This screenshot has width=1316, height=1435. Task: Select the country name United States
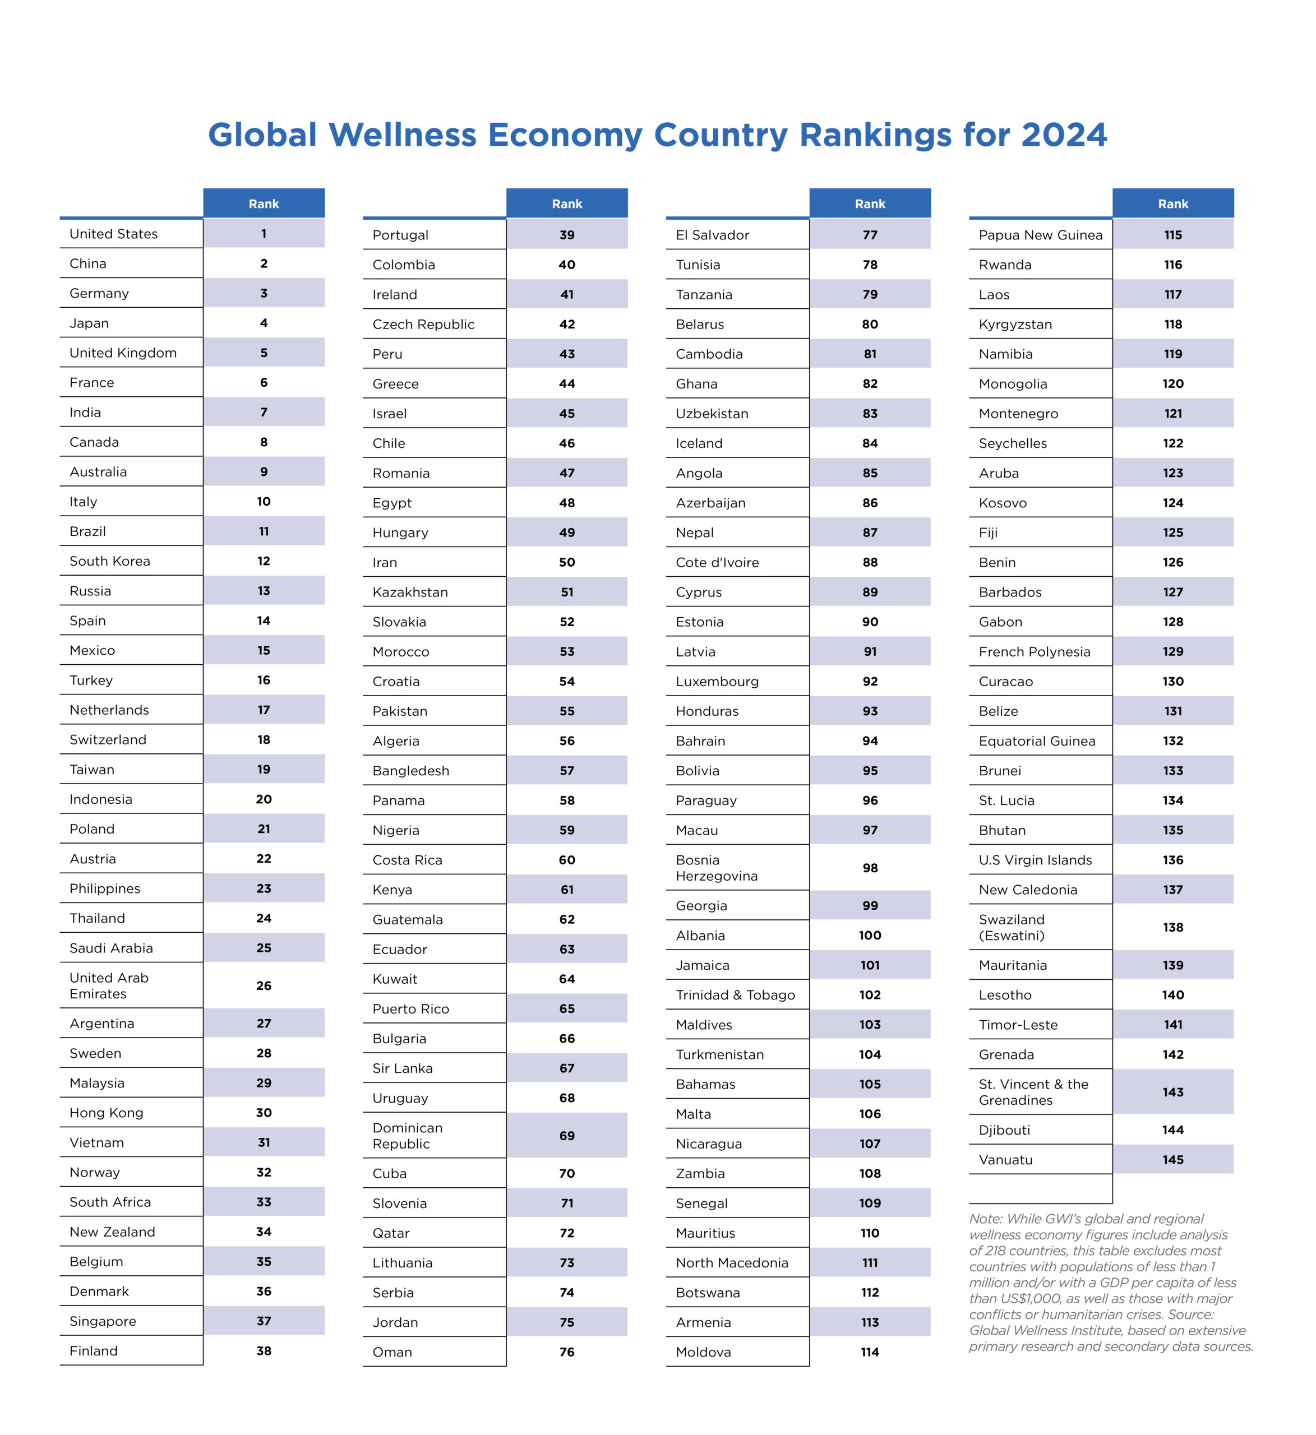pyautogui.click(x=113, y=234)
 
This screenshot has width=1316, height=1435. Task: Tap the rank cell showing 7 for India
pyautogui.click(x=264, y=412)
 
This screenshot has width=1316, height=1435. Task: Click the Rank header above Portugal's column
pyautogui.click(x=567, y=203)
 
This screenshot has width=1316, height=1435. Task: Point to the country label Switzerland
pyautogui.click(x=108, y=739)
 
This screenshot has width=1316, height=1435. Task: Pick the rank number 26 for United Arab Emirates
pyautogui.click(x=264, y=986)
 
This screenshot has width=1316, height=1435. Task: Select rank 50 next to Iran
pyautogui.click(x=567, y=562)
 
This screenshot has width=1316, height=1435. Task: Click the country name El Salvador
pyautogui.click(x=712, y=235)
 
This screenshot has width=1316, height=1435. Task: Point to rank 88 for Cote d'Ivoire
pyautogui.click(x=870, y=562)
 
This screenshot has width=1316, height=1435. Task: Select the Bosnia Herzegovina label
pyautogui.click(x=717, y=868)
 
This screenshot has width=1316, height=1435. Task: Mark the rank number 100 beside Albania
pyautogui.click(x=870, y=936)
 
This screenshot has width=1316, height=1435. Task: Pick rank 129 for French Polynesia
pyautogui.click(x=1173, y=651)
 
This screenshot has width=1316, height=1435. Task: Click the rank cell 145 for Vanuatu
pyautogui.click(x=1173, y=1160)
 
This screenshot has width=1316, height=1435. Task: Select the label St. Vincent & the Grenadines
pyautogui.click(x=1033, y=1092)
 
